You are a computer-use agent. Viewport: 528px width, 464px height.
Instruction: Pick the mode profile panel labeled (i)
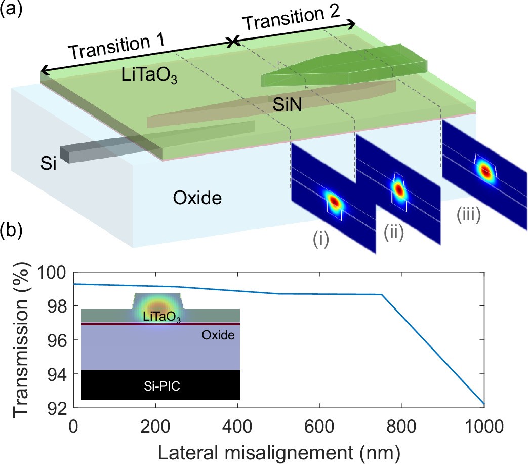click(x=333, y=200)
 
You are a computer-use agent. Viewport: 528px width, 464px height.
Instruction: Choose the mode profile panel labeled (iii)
click(x=485, y=170)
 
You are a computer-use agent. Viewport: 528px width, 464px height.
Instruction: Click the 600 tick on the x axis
click(x=319, y=422)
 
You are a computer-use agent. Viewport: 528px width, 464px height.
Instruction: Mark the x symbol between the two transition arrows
click(x=233, y=43)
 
